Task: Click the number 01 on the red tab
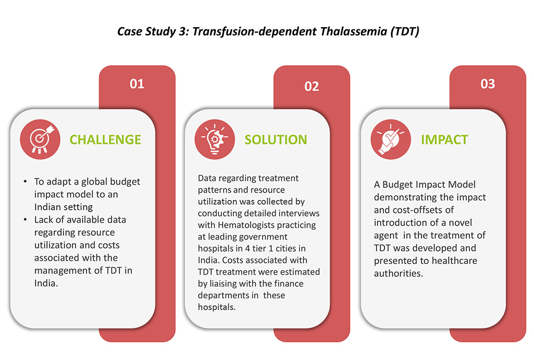[137, 84]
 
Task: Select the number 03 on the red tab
[488, 84]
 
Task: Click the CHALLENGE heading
[106, 140]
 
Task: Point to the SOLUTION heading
[276, 140]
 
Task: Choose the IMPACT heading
[444, 140]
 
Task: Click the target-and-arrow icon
[40, 138]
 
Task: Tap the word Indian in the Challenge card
[49, 207]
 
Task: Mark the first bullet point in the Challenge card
[25, 181]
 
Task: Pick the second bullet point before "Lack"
[25, 220]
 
